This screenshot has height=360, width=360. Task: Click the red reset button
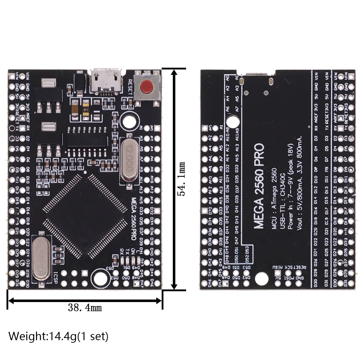pos(146,86)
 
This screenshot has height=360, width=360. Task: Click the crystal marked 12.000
pos(130,158)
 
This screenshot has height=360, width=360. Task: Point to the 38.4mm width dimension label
pos(85,307)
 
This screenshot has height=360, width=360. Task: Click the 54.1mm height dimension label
pos(182,178)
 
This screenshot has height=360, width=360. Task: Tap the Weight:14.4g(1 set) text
pos(58,337)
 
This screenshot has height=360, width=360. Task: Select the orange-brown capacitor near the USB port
pos(74,107)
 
